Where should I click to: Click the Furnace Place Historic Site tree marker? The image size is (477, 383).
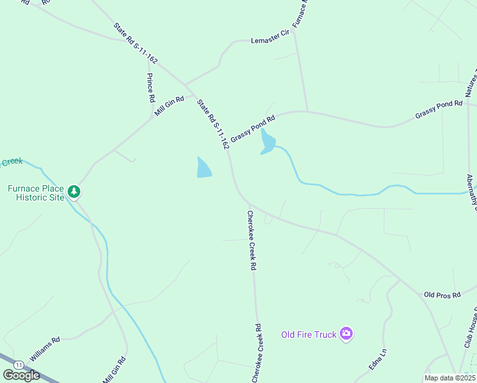(x=75, y=191)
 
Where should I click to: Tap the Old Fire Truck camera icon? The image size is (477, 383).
(x=346, y=333)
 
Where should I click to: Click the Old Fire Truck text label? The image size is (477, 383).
(x=309, y=334)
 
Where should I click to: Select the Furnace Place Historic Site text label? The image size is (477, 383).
(x=36, y=193)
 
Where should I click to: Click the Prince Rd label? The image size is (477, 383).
(x=150, y=88)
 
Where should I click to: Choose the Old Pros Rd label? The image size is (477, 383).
(x=442, y=295)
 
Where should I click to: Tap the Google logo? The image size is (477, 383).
(x=21, y=375)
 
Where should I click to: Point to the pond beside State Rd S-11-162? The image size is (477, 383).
(x=203, y=168)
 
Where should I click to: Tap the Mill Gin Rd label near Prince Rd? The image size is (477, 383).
(x=169, y=106)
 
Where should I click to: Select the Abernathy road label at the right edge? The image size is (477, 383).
(x=472, y=192)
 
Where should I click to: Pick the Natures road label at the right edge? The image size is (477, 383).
(x=471, y=82)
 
